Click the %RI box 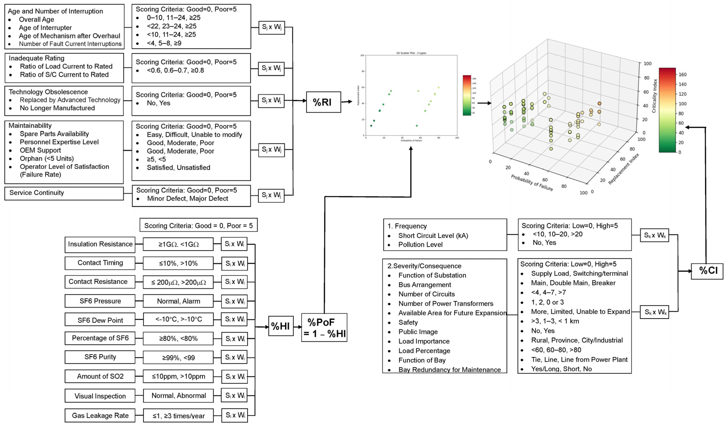pos(323,102)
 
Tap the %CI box pos(707,271)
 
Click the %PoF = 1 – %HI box pos(324,328)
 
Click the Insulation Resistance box pos(100,244)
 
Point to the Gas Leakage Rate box pos(100,416)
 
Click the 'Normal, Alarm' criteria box pos(178,301)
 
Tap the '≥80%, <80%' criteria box pos(178,338)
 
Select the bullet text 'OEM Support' pos(40,150)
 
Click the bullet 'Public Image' pos(418,332)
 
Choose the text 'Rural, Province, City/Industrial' pos(577,340)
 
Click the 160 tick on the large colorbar pos(683,75)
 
